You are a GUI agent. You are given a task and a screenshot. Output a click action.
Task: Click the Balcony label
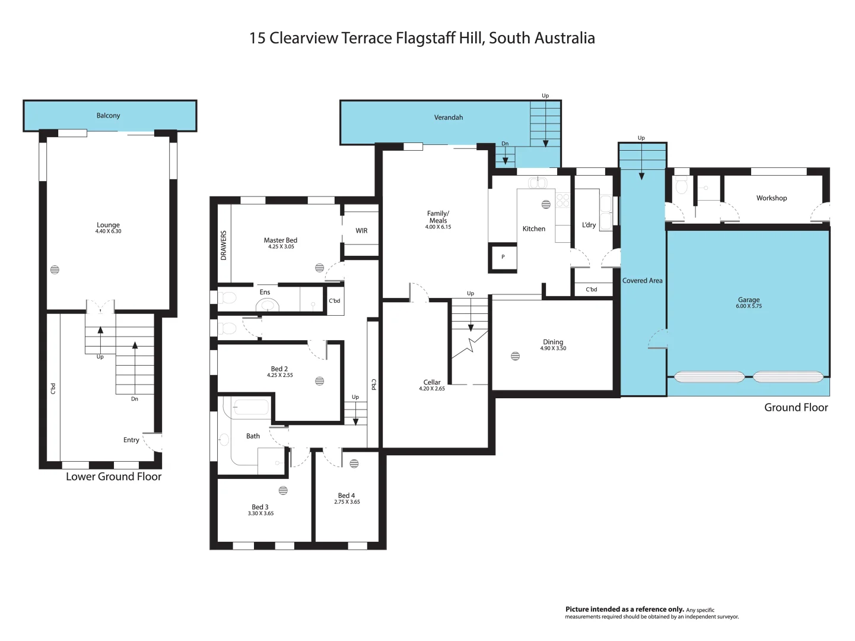pos(108,116)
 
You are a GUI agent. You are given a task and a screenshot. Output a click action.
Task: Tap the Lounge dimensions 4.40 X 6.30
pos(108,231)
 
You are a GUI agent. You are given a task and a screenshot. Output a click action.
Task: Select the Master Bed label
pos(280,240)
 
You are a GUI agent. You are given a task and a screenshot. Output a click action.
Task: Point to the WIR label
pos(361,231)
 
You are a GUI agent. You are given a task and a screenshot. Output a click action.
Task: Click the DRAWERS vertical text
pos(224,246)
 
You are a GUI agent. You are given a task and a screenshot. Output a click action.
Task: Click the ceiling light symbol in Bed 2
pos(320,381)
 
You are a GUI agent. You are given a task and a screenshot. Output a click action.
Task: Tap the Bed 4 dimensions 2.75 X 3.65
pos(347,502)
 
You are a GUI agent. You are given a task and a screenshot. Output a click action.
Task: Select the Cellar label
pos(432,382)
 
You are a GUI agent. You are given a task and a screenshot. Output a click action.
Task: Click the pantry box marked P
pos(503,258)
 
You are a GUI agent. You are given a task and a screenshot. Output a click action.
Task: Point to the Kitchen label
pos(533,229)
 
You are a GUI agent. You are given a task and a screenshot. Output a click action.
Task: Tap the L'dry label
pos(589,225)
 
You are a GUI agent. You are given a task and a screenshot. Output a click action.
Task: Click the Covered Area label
pos(642,281)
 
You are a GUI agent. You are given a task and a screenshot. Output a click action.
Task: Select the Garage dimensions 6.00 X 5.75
pos(749,306)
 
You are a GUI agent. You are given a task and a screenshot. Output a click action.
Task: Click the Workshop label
pos(771,198)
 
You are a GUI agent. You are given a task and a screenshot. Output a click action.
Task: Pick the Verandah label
pos(448,118)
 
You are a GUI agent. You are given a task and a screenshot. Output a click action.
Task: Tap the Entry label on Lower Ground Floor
pos(131,440)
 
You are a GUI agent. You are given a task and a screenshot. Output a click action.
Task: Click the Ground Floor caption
pos(796,408)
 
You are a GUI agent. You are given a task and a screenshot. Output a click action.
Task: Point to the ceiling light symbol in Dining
pos(515,356)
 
